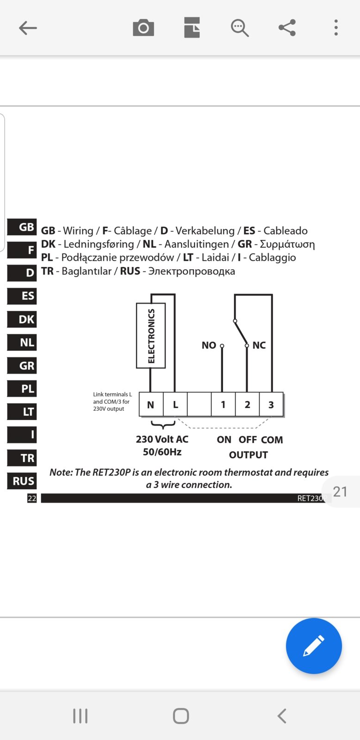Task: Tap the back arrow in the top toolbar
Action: pyautogui.click(x=28, y=28)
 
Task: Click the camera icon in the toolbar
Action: pyautogui.click(x=143, y=28)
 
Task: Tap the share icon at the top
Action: pyautogui.click(x=287, y=28)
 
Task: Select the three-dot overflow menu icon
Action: pyautogui.click(x=336, y=28)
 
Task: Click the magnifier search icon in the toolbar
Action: pyautogui.click(x=240, y=28)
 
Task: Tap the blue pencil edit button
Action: pyautogui.click(x=314, y=646)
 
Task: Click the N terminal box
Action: pyautogui.click(x=151, y=404)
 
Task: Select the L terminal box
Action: pyautogui.click(x=175, y=404)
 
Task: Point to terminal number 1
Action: pyautogui.click(x=223, y=404)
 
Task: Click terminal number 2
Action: pyautogui.click(x=247, y=404)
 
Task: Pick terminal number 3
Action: pyautogui.click(x=272, y=404)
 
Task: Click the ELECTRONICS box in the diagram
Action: pyautogui.click(x=151, y=336)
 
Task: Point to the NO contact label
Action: pyautogui.click(x=209, y=345)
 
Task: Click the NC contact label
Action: pyautogui.click(x=259, y=345)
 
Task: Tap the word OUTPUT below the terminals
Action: pyautogui.click(x=248, y=455)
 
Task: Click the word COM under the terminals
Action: pyautogui.click(x=272, y=440)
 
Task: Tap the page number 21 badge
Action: pyautogui.click(x=340, y=492)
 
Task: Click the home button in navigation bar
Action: pyautogui.click(x=181, y=716)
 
